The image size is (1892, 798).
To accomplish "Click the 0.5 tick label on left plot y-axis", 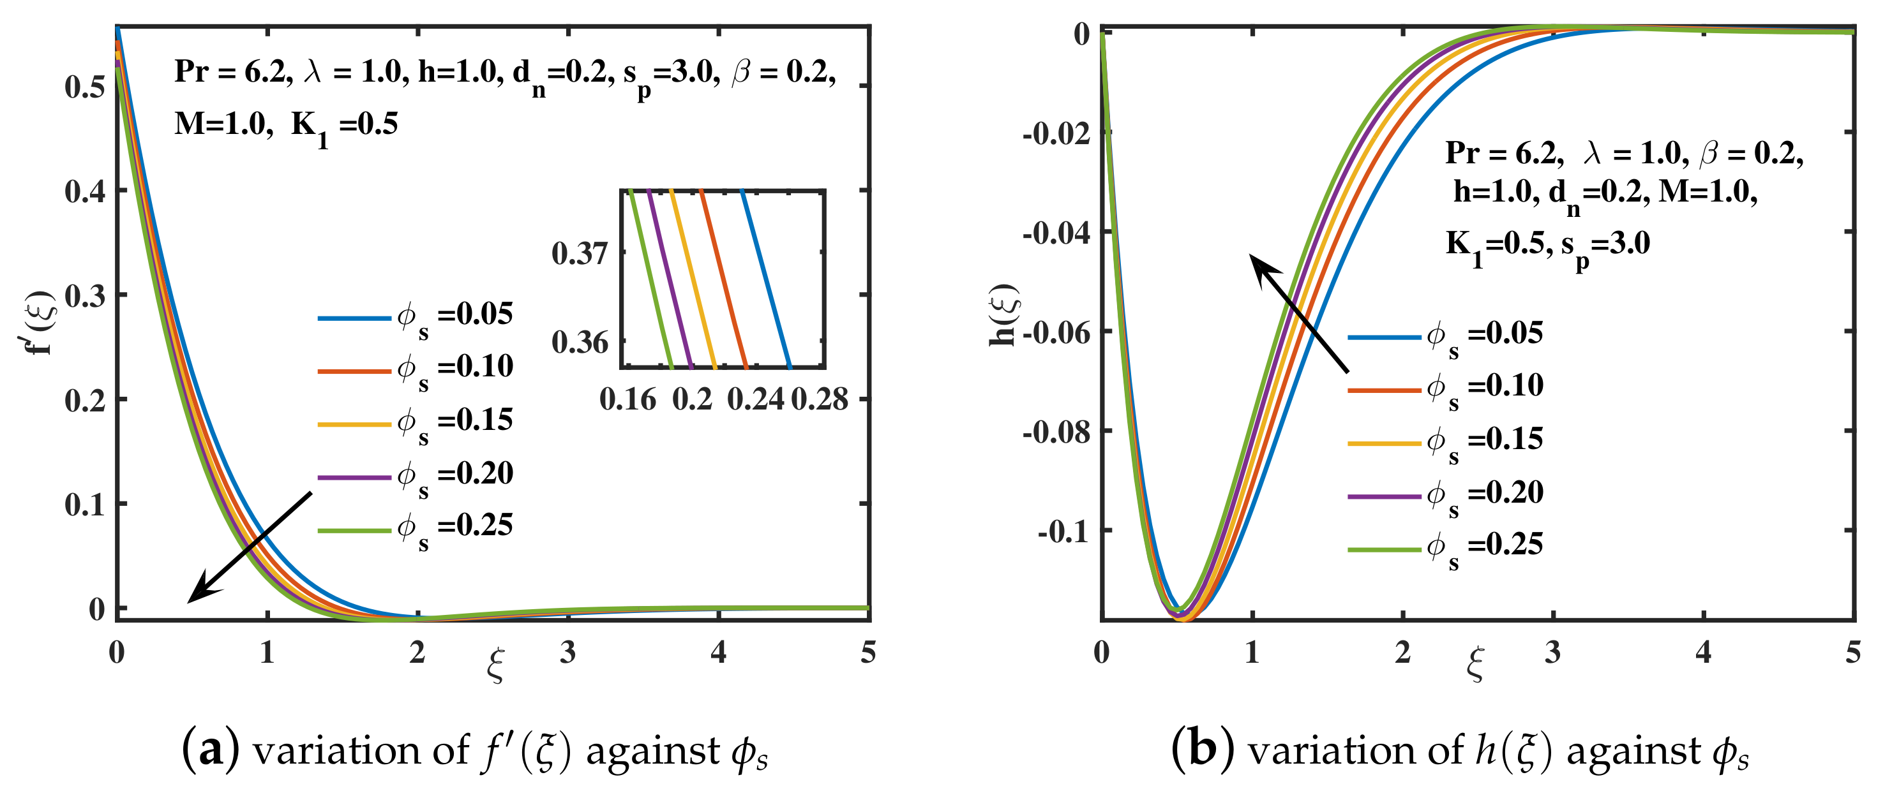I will point(84,87).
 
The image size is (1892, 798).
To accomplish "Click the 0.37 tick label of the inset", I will point(580,253).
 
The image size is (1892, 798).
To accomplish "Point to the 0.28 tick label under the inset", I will point(819,399).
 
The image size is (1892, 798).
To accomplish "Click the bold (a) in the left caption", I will point(210,750).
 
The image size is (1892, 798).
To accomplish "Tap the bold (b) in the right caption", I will point(1201,750).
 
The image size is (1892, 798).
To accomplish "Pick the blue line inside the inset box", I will point(766,279).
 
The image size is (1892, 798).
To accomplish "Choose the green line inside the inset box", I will point(650,279).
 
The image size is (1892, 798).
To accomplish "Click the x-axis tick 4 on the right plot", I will point(1702,651).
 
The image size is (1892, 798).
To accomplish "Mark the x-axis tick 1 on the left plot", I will point(267,651).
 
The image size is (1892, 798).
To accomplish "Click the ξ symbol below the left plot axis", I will point(496,665).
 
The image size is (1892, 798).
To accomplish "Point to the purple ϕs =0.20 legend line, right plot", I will point(1384,496).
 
